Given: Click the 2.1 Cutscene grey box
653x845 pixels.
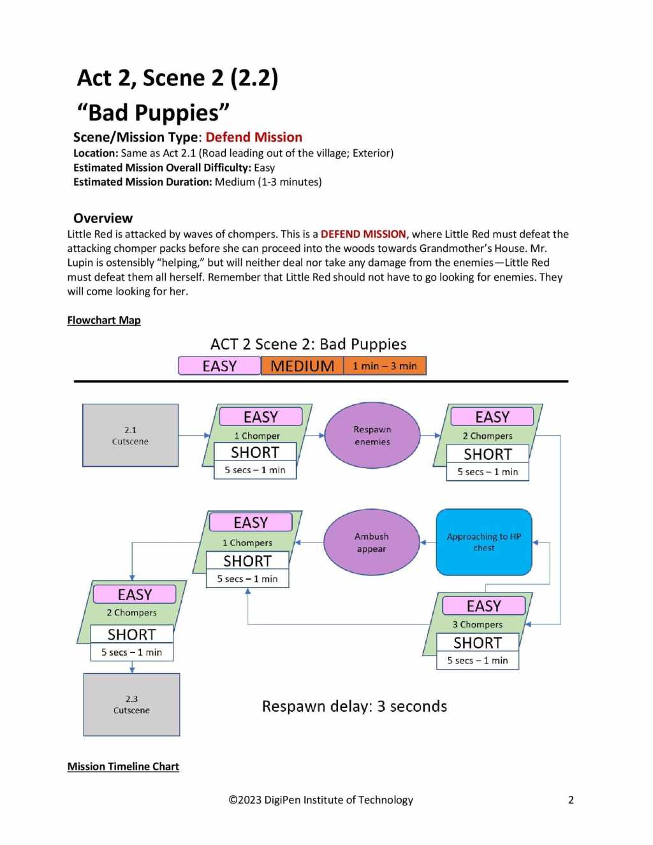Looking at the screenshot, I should (x=130, y=435).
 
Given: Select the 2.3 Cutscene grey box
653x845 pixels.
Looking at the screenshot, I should (x=131, y=704).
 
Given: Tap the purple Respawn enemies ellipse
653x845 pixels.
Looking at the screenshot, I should (x=372, y=435).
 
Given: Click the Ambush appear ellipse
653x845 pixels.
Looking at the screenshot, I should (x=371, y=542).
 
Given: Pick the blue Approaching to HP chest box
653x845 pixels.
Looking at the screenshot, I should (x=483, y=542).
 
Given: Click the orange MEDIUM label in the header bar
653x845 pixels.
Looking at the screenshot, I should (x=302, y=366).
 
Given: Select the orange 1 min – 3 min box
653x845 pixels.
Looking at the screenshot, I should (x=385, y=366).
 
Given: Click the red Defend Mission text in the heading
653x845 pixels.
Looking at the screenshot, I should (x=254, y=137).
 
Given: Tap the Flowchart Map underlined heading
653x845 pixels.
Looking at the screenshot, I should (x=104, y=320).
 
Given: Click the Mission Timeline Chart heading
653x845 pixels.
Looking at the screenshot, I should (x=123, y=767).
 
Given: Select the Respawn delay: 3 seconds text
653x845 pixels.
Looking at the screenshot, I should (x=354, y=706).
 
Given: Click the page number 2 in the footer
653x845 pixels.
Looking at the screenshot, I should (x=571, y=800).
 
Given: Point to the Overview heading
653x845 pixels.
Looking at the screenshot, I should (x=103, y=218).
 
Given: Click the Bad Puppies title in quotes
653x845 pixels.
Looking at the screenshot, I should (x=153, y=112).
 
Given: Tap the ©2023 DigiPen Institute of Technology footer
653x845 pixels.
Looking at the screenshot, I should (x=321, y=800).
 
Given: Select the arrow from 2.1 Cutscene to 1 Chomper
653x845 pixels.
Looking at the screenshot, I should (x=194, y=436).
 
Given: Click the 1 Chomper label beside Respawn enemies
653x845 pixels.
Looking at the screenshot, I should (x=257, y=436).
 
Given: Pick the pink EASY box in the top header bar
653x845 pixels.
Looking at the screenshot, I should (x=219, y=366).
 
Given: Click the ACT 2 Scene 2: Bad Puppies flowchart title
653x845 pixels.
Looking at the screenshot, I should (x=308, y=344).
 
